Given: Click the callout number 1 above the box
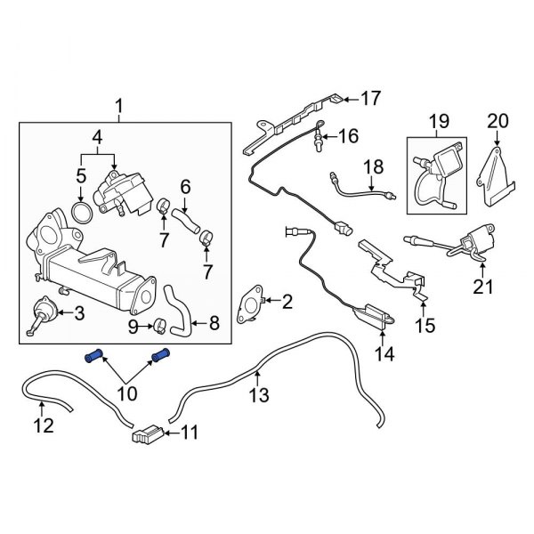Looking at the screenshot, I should point(119,109).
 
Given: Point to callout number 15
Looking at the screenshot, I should point(426,327).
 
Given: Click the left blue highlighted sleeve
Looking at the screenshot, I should point(93,358).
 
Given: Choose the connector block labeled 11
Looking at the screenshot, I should point(148,435).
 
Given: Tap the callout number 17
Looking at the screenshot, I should point(369,98).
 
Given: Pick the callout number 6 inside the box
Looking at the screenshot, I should point(186,186).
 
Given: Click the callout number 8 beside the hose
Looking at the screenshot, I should point(214,326).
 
